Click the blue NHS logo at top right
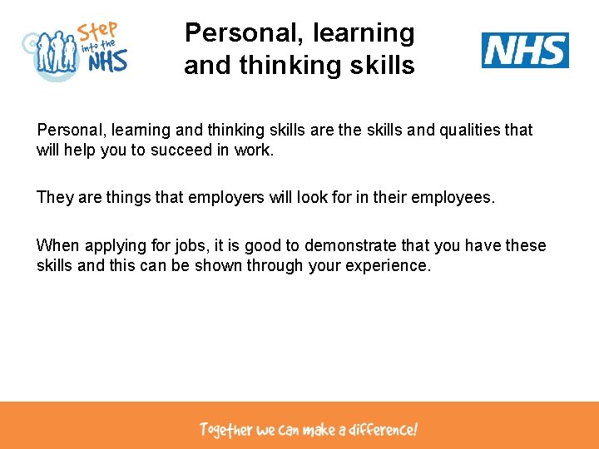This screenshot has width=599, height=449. (525, 50)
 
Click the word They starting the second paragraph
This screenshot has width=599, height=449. (54, 198)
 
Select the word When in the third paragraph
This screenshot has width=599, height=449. (56, 245)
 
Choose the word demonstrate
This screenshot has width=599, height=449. (349, 245)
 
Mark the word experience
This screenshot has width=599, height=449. (390, 267)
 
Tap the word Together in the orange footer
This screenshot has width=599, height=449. (225, 430)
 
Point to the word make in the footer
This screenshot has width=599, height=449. (319, 430)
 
